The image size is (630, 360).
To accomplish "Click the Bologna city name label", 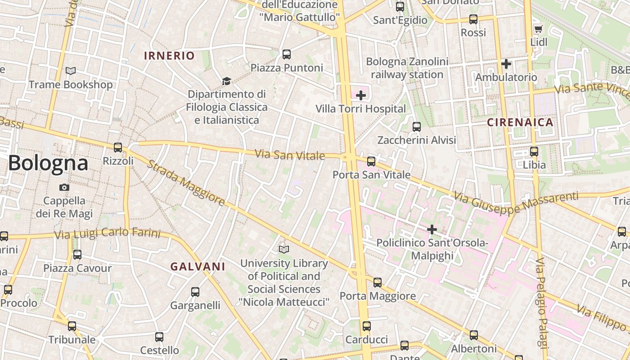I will [48, 163].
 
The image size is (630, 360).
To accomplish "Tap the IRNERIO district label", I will [169, 56].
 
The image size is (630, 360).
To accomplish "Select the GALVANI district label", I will [198, 266].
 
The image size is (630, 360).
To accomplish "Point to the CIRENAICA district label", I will [520, 122].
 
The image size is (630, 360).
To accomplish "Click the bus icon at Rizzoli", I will [118, 147].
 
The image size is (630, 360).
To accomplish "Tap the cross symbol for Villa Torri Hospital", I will [360, 95].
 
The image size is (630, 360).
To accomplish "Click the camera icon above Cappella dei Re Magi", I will [64, 187].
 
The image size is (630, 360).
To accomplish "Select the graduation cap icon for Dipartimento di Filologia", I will [226, 81].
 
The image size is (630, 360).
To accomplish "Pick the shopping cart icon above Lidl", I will [538, 29].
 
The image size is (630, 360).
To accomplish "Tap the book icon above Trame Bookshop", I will [71, 71].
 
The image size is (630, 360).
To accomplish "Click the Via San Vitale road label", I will [290, 155].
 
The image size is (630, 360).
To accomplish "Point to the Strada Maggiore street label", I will [186, 183].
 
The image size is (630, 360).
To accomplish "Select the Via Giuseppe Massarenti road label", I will [516, 202].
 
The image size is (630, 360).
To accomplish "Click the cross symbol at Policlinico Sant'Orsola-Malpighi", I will [432, 230].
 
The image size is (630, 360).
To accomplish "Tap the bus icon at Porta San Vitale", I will [371, 161].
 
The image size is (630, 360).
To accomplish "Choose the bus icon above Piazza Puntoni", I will [287, 54].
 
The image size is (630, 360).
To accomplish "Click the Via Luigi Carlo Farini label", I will [107, 234].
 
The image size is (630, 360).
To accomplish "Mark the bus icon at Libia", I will [534, 152].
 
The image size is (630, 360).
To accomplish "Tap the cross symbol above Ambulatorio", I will [506, 64].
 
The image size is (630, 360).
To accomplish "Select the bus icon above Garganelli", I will [195, 292].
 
